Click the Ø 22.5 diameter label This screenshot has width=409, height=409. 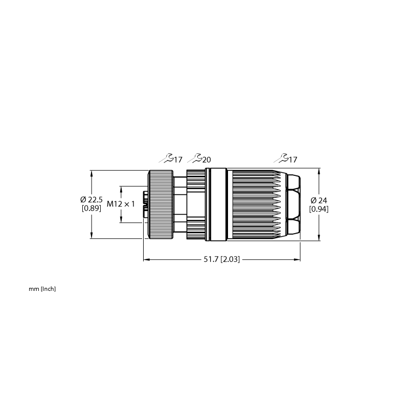[x=92, y=200]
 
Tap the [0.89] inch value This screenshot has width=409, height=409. [x=92, y=208]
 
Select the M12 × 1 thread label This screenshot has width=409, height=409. [x=121, y=204]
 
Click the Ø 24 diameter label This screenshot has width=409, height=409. [x=319, y=200]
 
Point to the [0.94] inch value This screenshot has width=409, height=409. [x=319, y=209]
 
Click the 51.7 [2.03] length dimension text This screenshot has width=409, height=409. [x=221, y=260]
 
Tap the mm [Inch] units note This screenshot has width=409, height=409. [x=42, y=289]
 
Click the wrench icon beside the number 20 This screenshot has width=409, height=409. [x=195, y=158]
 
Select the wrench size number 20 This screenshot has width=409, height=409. [x=207, y=160]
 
